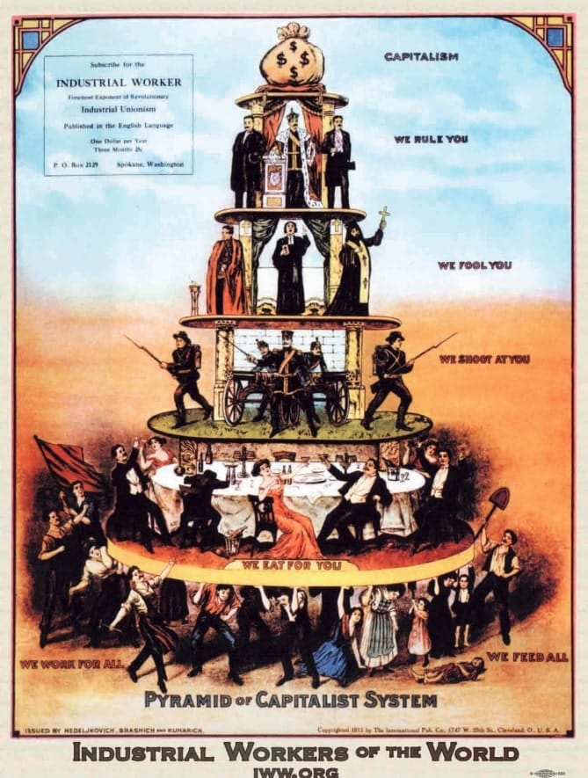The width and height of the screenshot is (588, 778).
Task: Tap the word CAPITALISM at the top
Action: coord(421,56)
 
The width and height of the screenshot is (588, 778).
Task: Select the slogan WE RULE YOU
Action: coord(431,139)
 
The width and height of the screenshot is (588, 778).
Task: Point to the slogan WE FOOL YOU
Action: coord(474,265)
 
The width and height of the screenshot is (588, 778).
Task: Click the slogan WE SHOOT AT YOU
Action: coord(484,359)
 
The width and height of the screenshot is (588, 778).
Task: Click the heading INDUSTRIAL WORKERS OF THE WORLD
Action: coord(294,753)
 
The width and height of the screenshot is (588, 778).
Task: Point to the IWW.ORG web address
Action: coord(294,772)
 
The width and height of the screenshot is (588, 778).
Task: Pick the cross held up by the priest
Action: coord(383,213)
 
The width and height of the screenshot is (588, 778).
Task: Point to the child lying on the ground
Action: coord(451,672)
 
